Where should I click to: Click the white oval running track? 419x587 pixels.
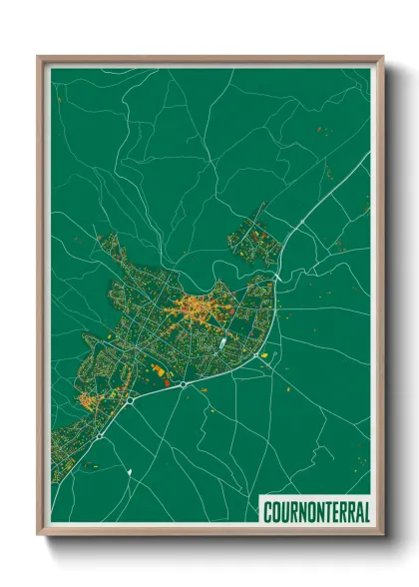pyautogui.click(x=222, y=341)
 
